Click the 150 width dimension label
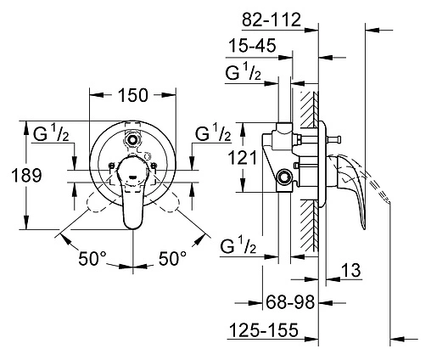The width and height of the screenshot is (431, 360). point(132,95)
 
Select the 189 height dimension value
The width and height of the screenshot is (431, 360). point(26,175)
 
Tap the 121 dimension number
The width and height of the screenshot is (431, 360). point(243,158)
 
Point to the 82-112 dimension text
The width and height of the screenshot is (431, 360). point(271,20)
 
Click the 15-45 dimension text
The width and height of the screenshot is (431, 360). point(252,46)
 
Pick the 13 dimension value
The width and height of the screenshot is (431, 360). point(351,270)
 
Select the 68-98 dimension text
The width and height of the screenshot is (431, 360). point(290,302)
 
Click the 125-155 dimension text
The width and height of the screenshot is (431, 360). point(264,329)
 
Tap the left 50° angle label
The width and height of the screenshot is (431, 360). point(92,258)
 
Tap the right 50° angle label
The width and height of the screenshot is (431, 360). point(172,258)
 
